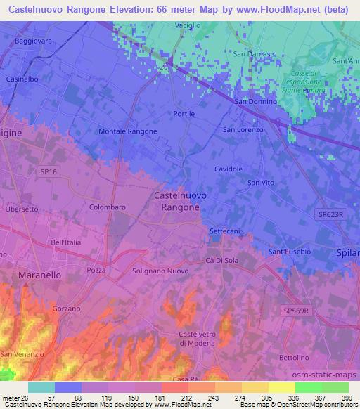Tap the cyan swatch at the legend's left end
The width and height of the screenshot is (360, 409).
pos(41,387)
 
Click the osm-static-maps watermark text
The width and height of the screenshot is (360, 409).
pos(323,375)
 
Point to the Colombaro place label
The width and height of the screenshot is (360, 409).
pos(108,208)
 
